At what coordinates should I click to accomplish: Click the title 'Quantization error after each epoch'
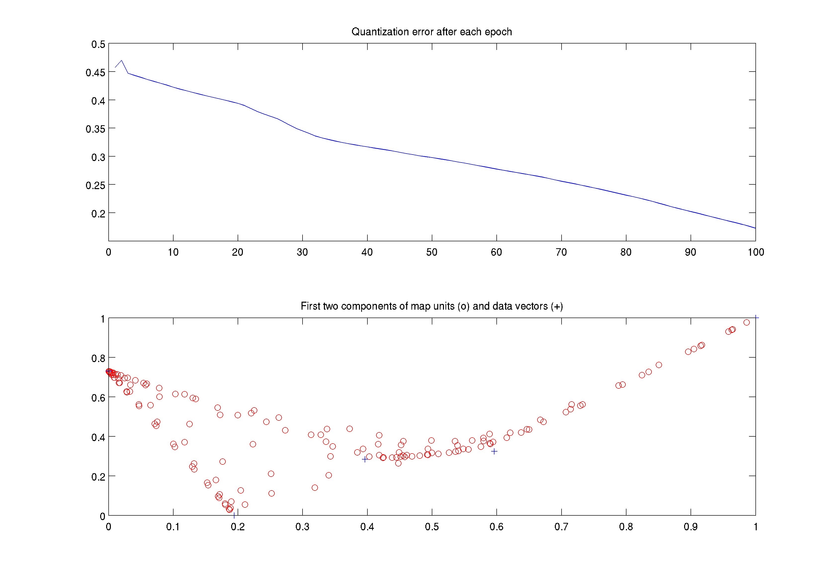432,32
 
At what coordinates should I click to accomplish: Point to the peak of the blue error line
121,61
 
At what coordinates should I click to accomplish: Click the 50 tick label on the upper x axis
432,252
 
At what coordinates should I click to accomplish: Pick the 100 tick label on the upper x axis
755,252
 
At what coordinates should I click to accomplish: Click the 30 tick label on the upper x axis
302,252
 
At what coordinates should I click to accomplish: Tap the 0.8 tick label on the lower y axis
98,358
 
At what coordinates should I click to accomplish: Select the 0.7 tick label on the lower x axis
561,527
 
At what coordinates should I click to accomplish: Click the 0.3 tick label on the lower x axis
302,527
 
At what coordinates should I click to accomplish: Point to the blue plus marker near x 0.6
494,451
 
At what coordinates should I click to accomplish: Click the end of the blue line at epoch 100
755,228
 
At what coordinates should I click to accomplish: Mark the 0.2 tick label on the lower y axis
98,477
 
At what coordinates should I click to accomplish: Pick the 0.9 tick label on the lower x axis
690,527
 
